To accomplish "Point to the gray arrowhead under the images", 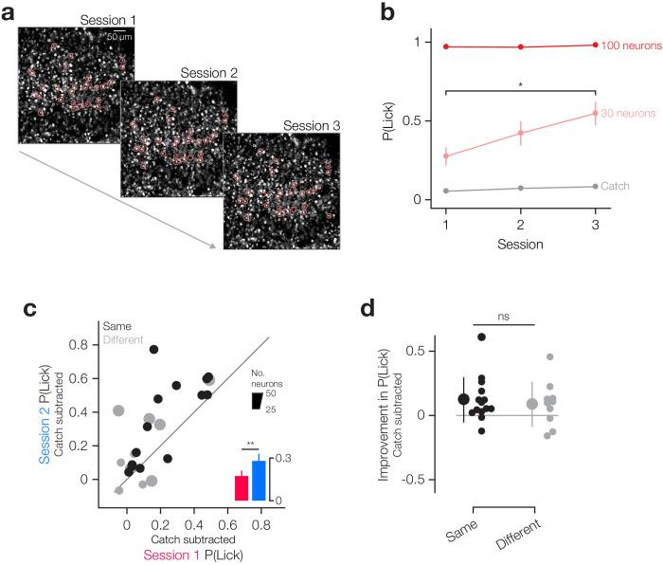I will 215,246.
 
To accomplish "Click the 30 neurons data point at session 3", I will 595,114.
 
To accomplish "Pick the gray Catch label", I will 616,187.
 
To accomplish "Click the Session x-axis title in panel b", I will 520,245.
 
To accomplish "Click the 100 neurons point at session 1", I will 445,46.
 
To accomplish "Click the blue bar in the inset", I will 259,480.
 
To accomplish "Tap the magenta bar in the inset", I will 242,487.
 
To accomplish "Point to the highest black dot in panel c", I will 152,350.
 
